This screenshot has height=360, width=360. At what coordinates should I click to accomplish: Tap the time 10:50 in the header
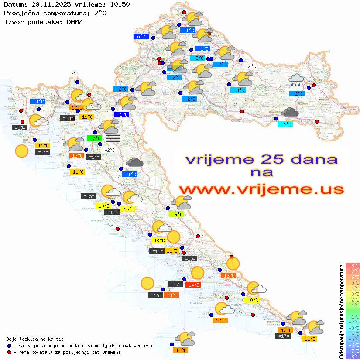[120, 4]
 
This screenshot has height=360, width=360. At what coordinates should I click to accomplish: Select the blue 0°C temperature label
[141, 37]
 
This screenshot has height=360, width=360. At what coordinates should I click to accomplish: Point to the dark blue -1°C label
[121, 114]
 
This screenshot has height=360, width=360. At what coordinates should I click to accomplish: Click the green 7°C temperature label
[94, 138]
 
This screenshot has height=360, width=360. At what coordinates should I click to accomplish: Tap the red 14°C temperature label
[193, 285]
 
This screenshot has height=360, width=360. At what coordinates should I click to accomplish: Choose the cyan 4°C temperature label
[285, 124]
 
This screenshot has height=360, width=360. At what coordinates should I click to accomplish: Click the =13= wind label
[67, 118]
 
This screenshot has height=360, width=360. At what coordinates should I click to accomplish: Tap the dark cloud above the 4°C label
[290, 112]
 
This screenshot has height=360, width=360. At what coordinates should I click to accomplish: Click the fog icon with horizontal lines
[113, 138]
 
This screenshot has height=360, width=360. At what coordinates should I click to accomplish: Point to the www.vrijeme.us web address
[261, 189]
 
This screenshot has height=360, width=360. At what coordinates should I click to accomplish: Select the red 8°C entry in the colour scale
[353, 265]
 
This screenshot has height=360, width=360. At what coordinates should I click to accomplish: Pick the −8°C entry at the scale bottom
[353, 356]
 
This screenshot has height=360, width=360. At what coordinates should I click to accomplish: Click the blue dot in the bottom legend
[10, 346]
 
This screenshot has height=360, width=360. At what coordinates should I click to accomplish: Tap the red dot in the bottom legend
[10, 352]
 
